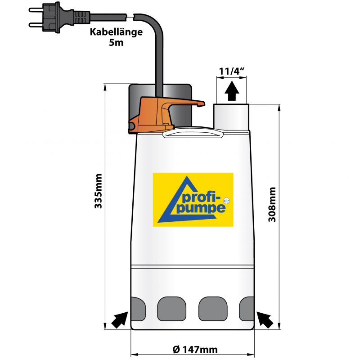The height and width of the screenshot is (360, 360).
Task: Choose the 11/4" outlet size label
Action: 232,71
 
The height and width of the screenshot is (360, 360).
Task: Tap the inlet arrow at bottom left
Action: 119,320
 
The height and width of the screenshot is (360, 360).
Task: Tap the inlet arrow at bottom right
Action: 265,320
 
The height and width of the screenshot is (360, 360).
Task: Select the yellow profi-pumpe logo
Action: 193,198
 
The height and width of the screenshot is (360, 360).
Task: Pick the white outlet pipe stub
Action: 231,117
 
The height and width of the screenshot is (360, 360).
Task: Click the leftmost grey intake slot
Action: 137,308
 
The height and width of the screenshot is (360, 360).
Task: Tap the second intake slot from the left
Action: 171,308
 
